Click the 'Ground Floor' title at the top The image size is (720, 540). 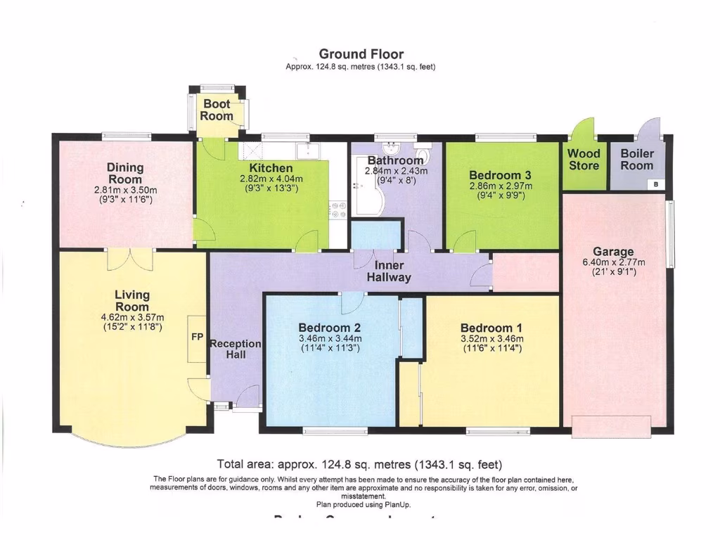point(361,54)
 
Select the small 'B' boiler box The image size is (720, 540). point(656,184)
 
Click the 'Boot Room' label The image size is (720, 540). point(217,110)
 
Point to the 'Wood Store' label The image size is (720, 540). point(584,160)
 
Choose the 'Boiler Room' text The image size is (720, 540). point(636,160)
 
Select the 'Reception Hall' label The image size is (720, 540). point(236,349)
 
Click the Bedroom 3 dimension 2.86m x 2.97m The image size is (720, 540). point(501,186)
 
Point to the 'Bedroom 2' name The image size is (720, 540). point(329,328)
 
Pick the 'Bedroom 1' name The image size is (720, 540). point(491,328)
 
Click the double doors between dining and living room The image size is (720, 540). point(130,258)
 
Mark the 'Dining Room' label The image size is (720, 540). point(125,173)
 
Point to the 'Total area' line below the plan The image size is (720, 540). point(360,464)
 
